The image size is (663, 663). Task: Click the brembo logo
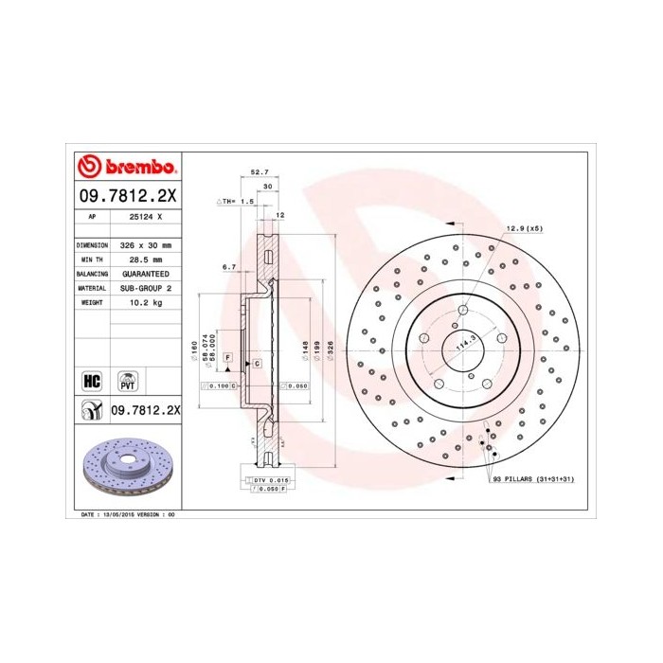tap(126, 167)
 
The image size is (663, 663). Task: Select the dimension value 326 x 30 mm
tap(145, 244)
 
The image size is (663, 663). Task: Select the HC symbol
tap(92, 381)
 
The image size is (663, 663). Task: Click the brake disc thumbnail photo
tap(126, 468)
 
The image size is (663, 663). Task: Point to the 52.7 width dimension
tap(259, 171)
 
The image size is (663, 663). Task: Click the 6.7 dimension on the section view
tap(228, 268)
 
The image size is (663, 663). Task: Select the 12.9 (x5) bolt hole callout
tap(523, 228)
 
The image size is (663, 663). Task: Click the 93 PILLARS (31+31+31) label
tap(533, 480)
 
